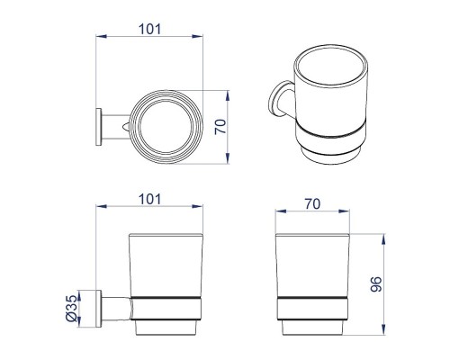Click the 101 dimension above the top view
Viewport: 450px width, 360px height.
click(x=149, y=29)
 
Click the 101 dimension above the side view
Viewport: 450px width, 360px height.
click(x=149, y=199)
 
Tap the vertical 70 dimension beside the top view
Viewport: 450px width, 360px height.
click(x=220, y=127)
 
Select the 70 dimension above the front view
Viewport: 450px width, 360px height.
click(x=312, y=204)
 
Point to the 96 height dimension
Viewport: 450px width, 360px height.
click(x=376, y=284)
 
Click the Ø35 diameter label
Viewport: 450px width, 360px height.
click(x=71, y=309)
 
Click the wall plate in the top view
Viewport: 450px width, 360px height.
click(x=98, y=127)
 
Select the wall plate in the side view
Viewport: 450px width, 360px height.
click(x=98, y=309)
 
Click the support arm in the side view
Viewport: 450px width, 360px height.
click(x=116, y=309)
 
